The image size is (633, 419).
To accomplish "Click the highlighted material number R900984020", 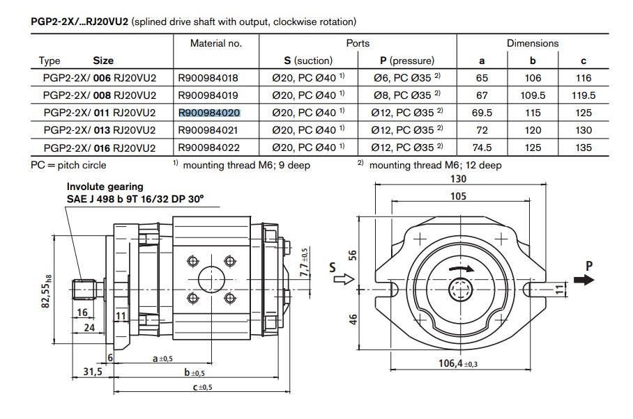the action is [x=209, y=113].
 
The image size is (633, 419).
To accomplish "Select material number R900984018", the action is [x=208, y=78].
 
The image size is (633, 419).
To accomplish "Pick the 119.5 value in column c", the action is [x=584, y=95].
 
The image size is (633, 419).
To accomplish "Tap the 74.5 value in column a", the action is [x=482, y=148].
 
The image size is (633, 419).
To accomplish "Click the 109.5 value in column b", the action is [x=533, y=95].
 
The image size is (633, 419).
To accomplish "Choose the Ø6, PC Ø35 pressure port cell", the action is [x=406, y=77].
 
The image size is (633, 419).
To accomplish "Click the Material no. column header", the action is [x=216, y=43].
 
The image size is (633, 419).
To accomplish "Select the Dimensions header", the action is [x=533, y=43].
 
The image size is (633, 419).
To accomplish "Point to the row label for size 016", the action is [x=99, y=148].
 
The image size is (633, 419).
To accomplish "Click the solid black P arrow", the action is [x=584, y=280].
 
